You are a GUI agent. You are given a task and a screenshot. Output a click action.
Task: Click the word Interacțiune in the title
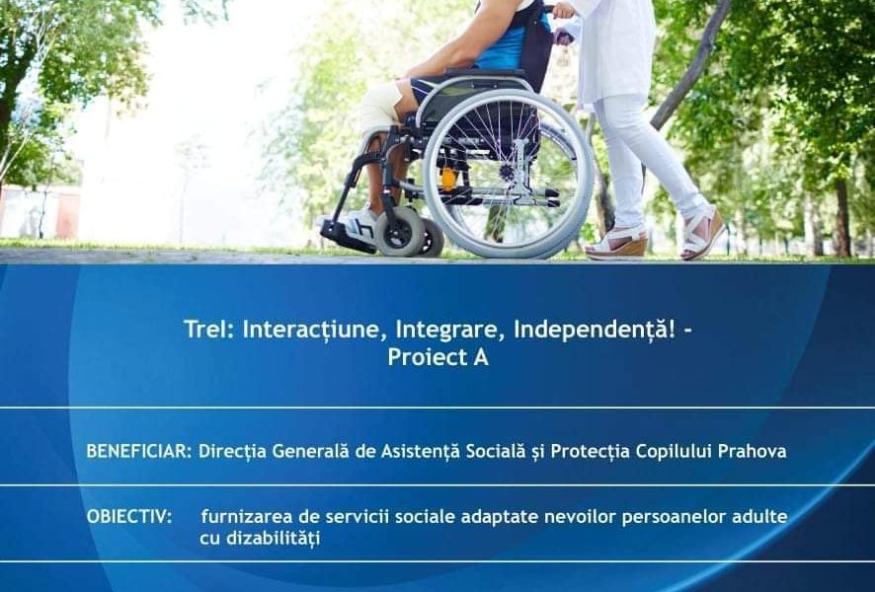coord(317,330)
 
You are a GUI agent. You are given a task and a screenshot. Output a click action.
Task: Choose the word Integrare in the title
coord(462,330)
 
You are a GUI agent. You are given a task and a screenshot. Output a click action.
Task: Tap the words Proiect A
coord(437,357)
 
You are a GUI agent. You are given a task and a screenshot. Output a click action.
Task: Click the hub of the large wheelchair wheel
coord(508,174)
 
